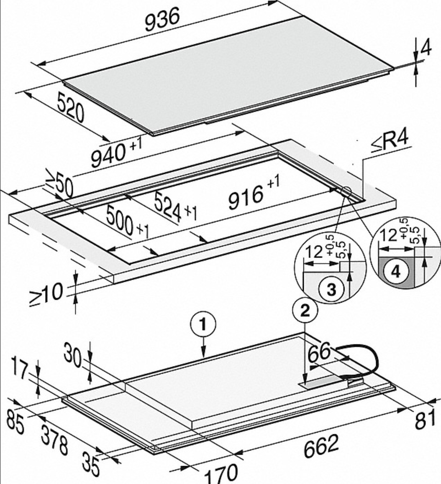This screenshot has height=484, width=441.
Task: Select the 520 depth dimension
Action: click(69, 110)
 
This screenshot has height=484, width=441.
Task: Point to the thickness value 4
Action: click(426, 49)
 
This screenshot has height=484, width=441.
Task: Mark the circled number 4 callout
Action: click(395, 272)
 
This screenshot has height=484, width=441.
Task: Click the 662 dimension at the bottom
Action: click(320, 447)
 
